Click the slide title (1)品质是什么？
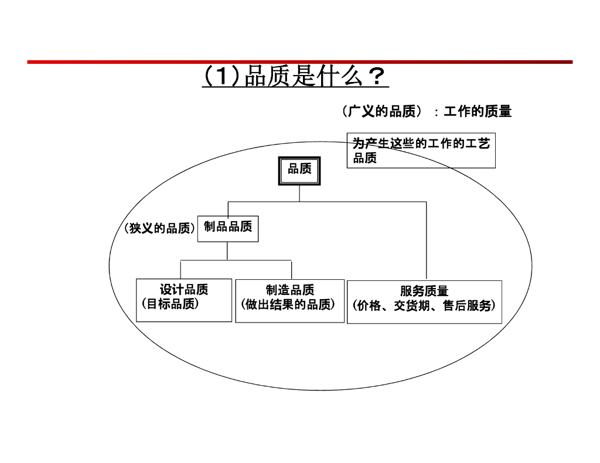[x=295, y=77]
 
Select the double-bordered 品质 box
[x=299, y=170]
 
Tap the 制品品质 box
[x=228, y=227]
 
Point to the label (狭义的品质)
[x=159, y=228]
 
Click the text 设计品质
[x=184, y=290]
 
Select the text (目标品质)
[x=171, y=304]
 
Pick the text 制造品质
[x=290, y=290]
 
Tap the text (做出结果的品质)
[x=290, y=304]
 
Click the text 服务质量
[x=424, y=291]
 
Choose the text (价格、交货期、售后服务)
[x=424, y=306]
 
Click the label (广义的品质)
[x=383, y=111]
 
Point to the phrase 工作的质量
[x=478, y=111]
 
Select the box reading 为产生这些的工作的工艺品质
[x=421, y=150]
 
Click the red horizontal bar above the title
[x=299, y=61]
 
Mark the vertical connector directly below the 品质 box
[x=299, y=193]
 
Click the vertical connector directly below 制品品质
[x=227, y=251]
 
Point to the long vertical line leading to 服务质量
[x=426, y=240]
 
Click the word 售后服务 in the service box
[x=467, y=306]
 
